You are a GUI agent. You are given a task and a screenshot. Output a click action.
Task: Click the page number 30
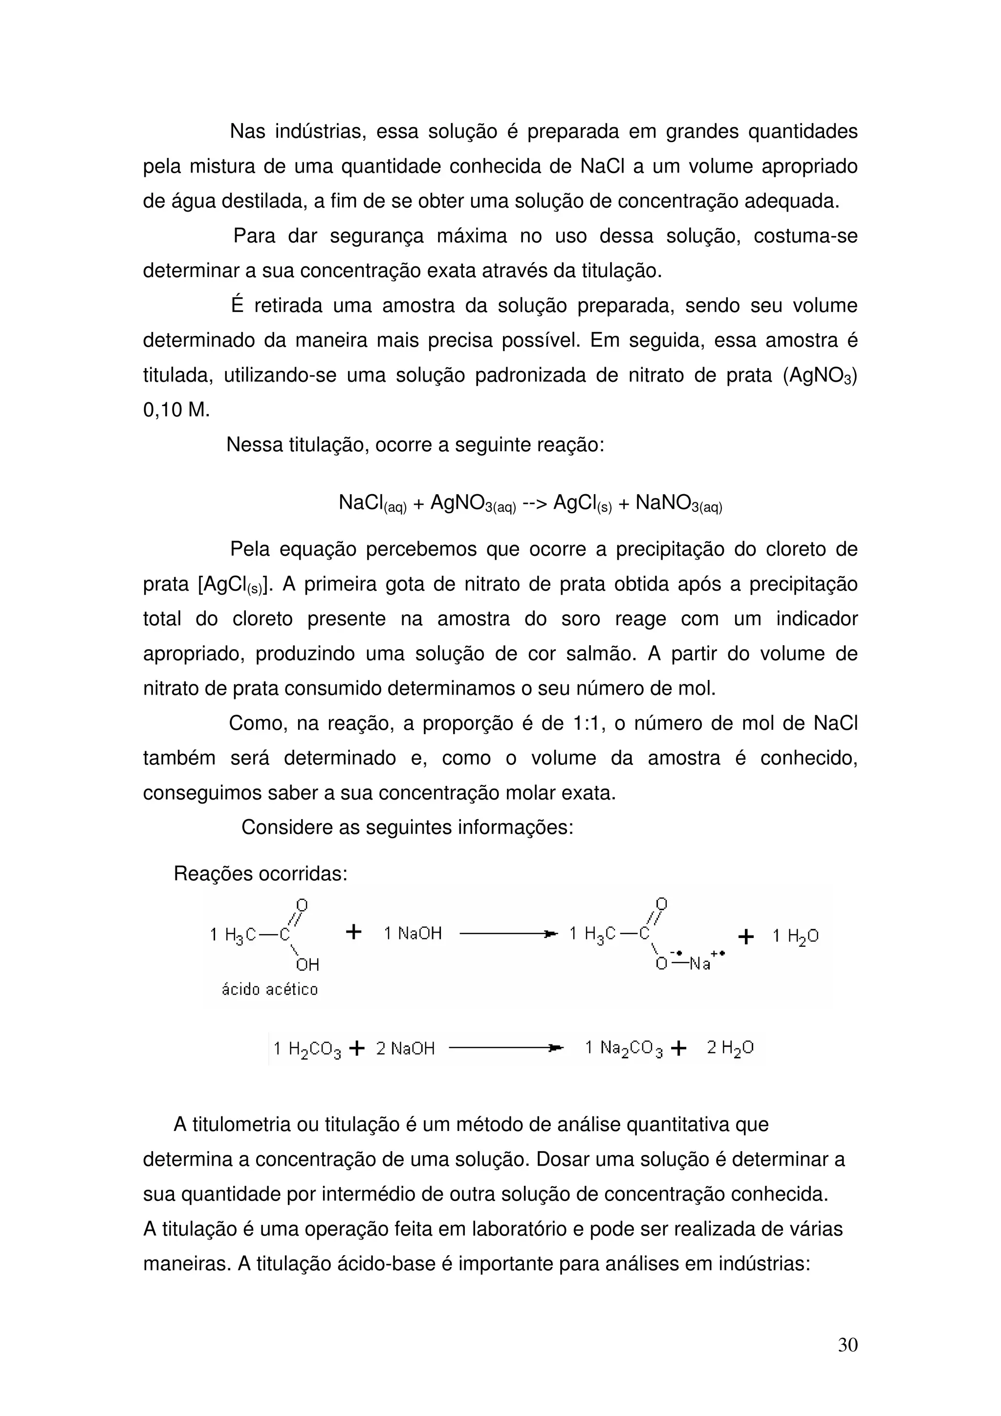pos(848,1345)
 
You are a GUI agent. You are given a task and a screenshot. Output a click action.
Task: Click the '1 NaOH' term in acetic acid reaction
pos(413,933)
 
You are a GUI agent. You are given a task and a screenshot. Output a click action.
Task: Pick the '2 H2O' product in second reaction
pos(730,1048)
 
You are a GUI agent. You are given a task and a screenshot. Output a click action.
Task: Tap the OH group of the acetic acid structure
pos(307,964)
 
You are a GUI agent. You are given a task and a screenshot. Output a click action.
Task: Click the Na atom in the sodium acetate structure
pos(700,964)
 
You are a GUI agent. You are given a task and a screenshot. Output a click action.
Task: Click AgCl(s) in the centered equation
pos(582,503)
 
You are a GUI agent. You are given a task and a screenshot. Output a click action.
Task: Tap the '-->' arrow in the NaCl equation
pos(534,503)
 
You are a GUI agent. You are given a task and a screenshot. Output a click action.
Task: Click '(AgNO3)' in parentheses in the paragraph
pos(820,376)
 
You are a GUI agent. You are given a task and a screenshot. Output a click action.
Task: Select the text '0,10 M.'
pos(176,410)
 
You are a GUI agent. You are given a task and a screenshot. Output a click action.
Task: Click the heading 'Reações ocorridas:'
pos(261,873)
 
